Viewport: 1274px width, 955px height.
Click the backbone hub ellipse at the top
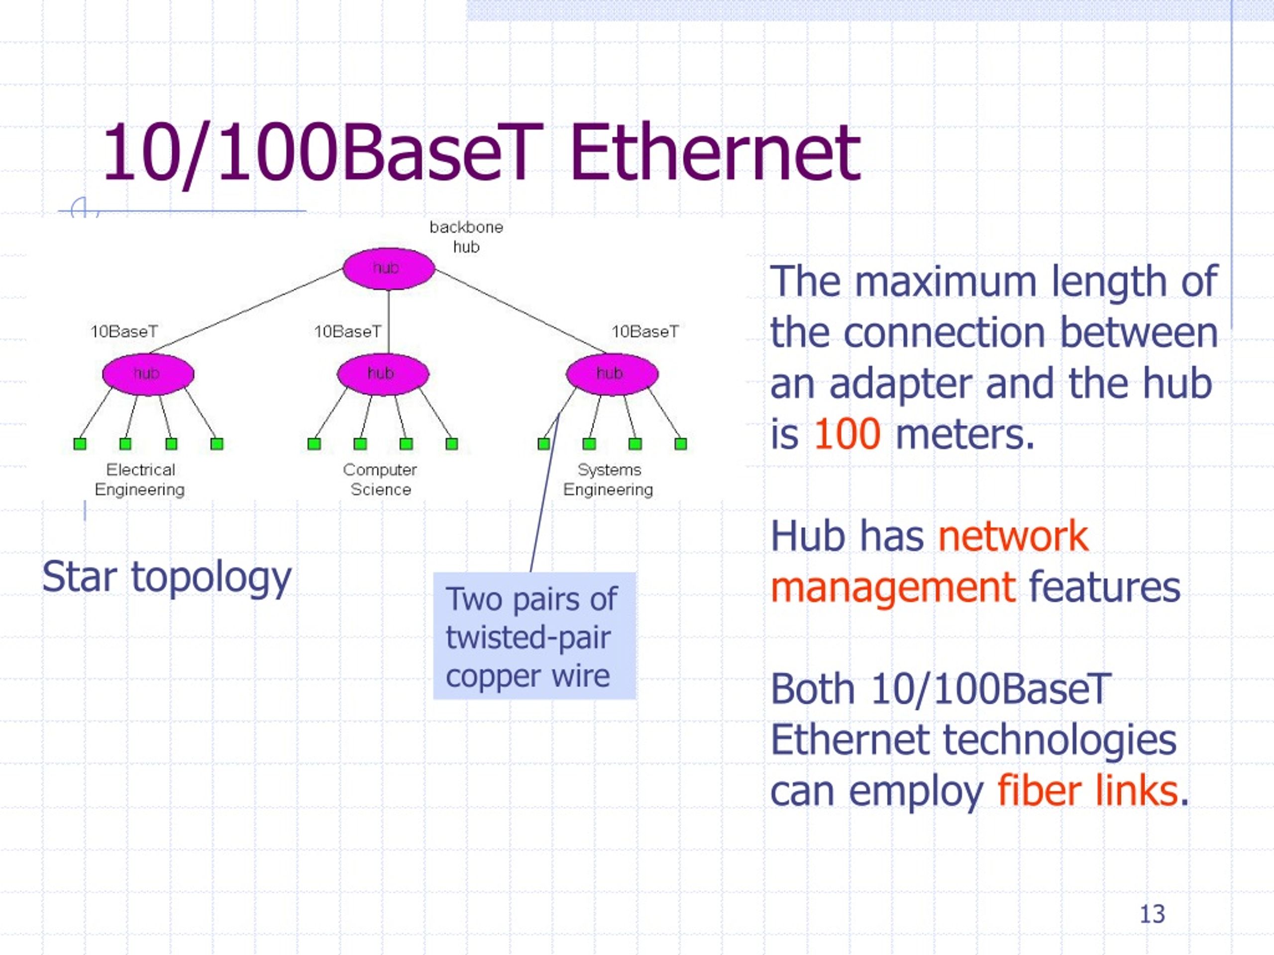pyautogui.click(x=388, y=269)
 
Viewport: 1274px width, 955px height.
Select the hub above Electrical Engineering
pyautogui.click(x=148, y=374)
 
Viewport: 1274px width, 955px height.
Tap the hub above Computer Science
pyautogui.click(x=383, y=374)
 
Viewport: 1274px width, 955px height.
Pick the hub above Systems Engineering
pyautogui.click(x=612, y=374)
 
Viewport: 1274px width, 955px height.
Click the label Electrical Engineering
pyautogui.click(x=140, y=479)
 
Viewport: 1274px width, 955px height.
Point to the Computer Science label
pyautogui.click(x=380, y=479)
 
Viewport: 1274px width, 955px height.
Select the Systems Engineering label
pyautogui.click(x=608, y=479)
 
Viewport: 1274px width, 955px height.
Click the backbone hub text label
pyautogui.click(x=466, y=237)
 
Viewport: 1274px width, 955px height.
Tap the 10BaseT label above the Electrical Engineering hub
pyautogui.click(x=124, y=332)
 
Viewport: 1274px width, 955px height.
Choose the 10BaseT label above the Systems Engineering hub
pyautogui.click(x=645, y=332)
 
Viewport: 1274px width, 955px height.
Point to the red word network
pyautogui.click(x=1013, y=536)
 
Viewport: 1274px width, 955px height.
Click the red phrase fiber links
pyautogui.click(x=1087, y=790)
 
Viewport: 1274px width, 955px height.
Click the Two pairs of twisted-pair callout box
pyautogui.click(x=534, y=636)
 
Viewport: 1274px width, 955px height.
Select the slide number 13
pyautogui.click(x=1152, y=914)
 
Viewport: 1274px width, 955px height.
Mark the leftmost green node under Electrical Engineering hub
pyautogui.click(x=80, y=444)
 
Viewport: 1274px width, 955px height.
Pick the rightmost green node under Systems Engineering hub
pyautogui.click(x=681, y=444)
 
